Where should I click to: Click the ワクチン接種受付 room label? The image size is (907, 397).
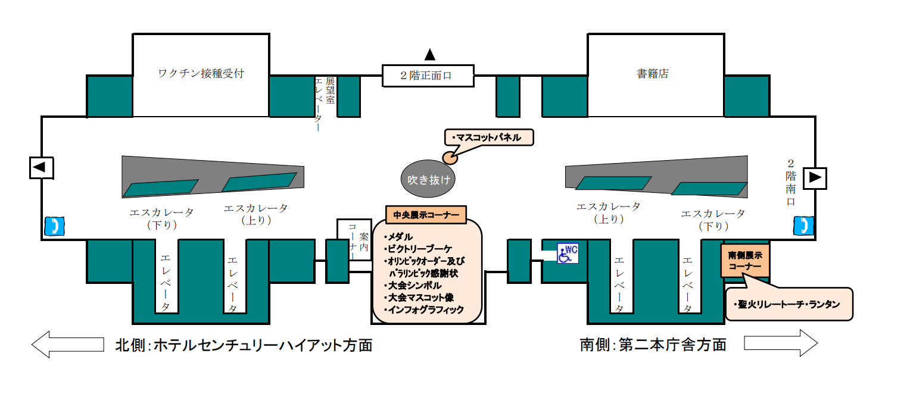coord(201,74)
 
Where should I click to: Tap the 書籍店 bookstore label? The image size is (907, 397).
coord(653,74)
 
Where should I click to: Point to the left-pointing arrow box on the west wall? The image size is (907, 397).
coord(42,168)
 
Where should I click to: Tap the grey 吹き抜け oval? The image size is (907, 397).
coord(428,179)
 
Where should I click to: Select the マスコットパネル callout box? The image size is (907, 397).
coord(488,137)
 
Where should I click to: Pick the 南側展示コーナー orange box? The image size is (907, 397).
coord(745,260)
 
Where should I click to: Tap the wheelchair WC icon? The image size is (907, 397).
coord(567,253)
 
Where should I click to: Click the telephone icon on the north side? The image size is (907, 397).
coord(55,226)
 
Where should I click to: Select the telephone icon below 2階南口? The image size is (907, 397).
coord(803,226)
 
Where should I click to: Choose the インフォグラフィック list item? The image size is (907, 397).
coord(425,310)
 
